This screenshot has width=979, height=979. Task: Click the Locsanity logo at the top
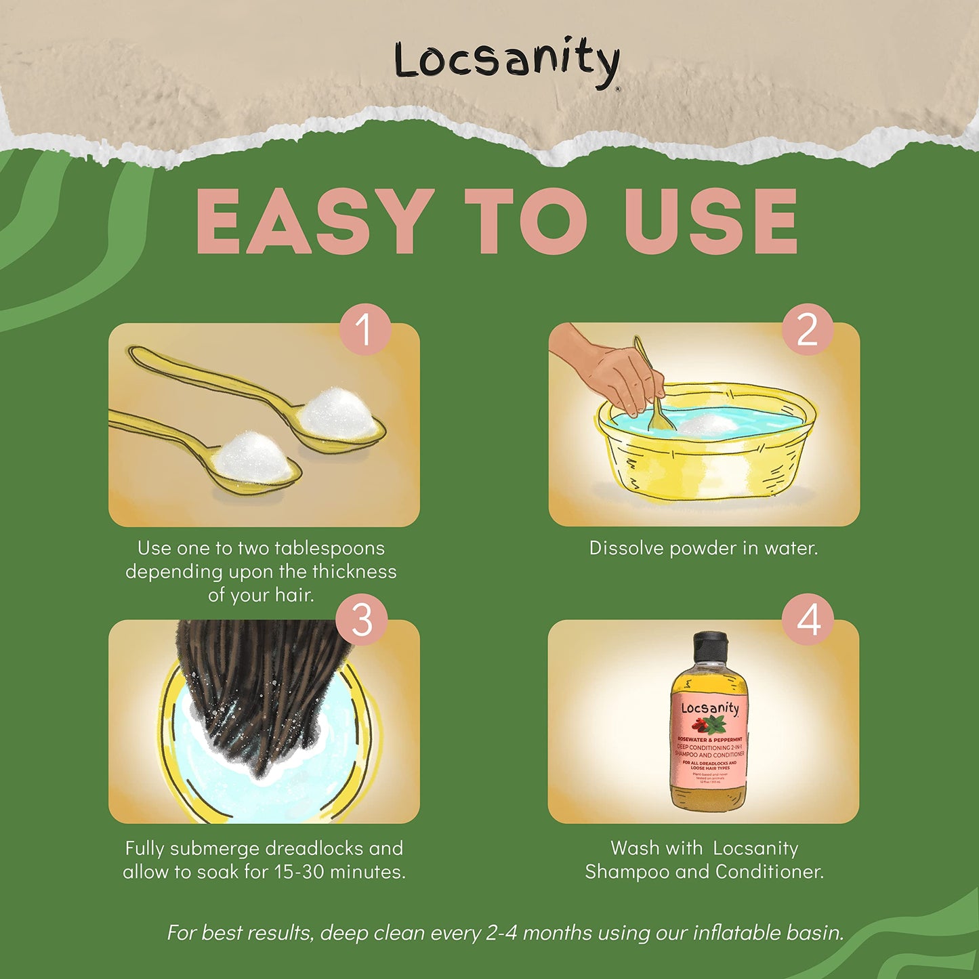(x=507, y=62)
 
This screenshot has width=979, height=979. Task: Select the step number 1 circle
(x=364, y=329)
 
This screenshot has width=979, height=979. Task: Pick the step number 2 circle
(x=807, y=329)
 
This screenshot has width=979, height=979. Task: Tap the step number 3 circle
(x=362, y=619)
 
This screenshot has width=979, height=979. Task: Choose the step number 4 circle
(x=808, y=619)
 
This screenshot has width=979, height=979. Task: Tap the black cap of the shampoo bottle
(x=709, y=647)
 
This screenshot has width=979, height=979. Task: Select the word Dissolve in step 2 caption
(x=625, y=548)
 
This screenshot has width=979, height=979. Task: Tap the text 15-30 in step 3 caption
(x=299, y=872)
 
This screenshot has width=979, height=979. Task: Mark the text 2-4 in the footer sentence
(x=501, y=933)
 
